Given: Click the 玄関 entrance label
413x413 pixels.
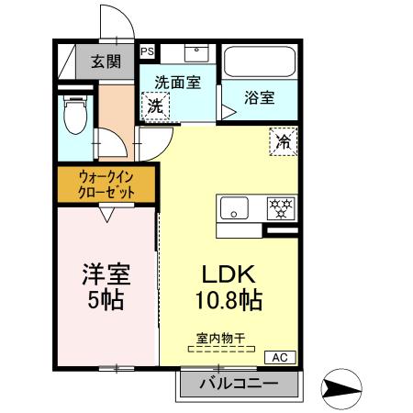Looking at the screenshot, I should (x=104, y=62).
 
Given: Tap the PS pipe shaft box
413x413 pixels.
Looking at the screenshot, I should (x=147, y=52).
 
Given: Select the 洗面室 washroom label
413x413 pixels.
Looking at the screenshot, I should (x=177, y=81).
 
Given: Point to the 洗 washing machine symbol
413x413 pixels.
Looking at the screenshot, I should (x=157, y=105).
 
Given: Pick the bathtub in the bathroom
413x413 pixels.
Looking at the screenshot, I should (x=259, y=62).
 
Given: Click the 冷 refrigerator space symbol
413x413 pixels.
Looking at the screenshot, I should (x=284, y=141).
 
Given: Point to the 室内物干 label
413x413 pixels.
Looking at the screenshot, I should (x=219, y=337).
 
